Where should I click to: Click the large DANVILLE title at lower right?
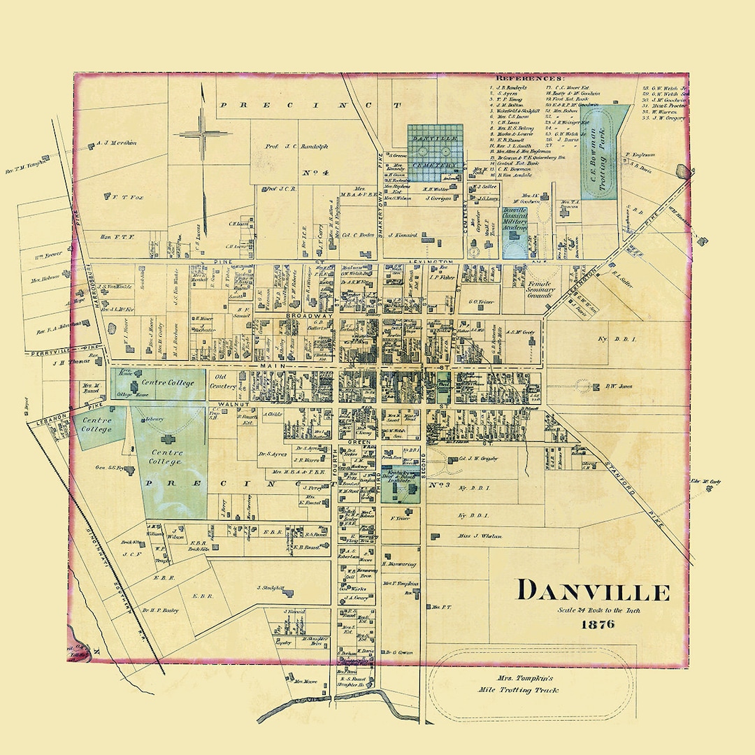tap(593, 591)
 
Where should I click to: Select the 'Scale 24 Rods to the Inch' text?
tap(598, 610)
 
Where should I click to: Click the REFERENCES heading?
tap(529, 79)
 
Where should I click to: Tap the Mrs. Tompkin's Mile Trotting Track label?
tap(532, 684)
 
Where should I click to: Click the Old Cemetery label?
tap(226, 380)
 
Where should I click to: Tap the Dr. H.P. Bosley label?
tap(160, 610)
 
